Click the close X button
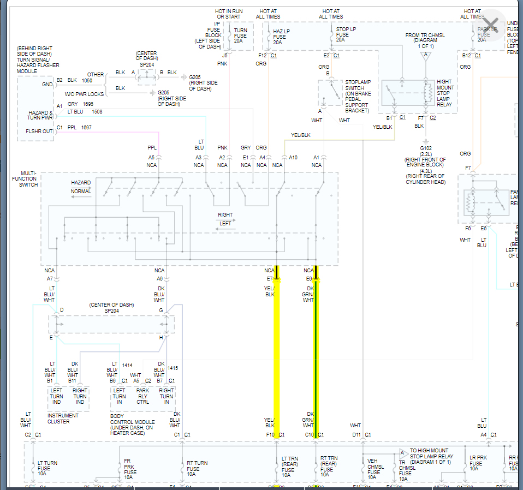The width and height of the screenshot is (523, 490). (491, 25)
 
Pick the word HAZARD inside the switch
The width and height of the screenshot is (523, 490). (81, 183)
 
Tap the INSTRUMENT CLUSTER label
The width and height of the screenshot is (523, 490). (63, 419)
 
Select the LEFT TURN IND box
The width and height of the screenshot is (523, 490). (57, 396)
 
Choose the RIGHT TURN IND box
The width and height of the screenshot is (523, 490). (80, 396)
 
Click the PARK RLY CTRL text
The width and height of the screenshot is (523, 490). (142, 396)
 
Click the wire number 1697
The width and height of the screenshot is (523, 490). (86, 127)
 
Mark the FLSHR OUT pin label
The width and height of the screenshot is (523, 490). (39, 131)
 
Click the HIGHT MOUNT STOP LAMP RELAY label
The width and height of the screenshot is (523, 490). (445, 93)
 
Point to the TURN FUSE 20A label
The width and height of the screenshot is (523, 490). (240, 36)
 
